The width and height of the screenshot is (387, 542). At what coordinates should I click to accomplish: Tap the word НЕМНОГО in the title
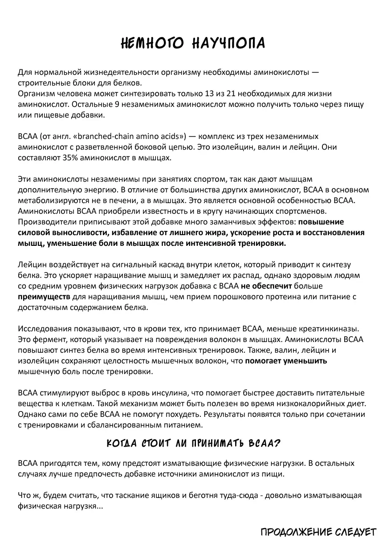[149, 43]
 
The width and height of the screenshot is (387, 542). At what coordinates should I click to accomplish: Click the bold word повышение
[321, 222]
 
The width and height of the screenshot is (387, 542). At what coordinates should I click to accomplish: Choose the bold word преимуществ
[44, 297]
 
